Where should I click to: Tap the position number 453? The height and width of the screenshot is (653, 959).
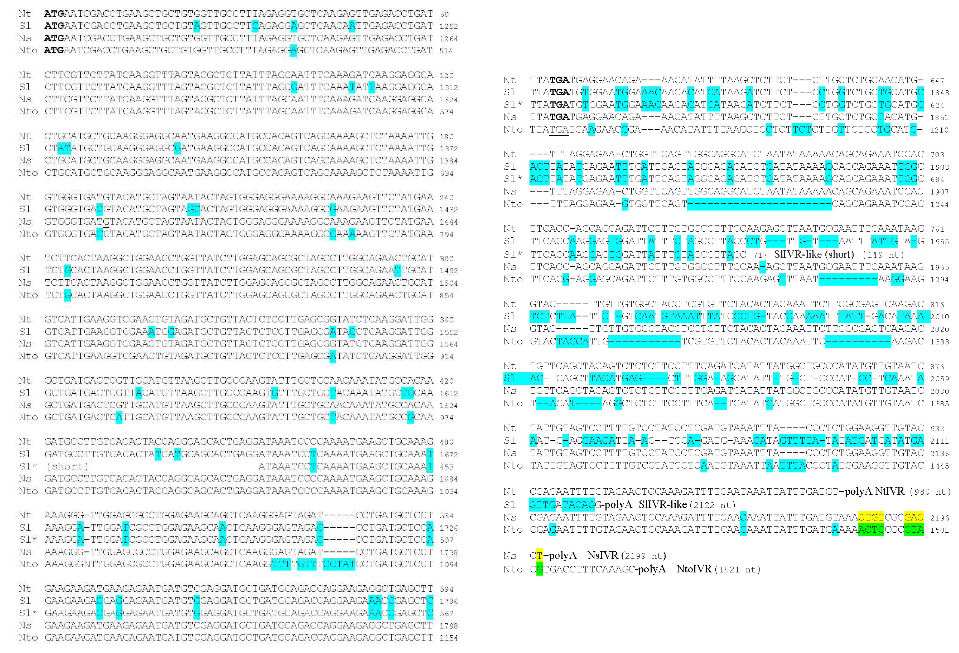click(x=447, y=467)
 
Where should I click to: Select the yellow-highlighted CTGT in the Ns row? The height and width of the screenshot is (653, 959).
click(x=871, y=517)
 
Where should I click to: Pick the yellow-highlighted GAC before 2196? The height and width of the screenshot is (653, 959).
click(x=913, y=517)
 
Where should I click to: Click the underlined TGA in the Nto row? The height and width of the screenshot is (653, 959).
click(x=559, y=130)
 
